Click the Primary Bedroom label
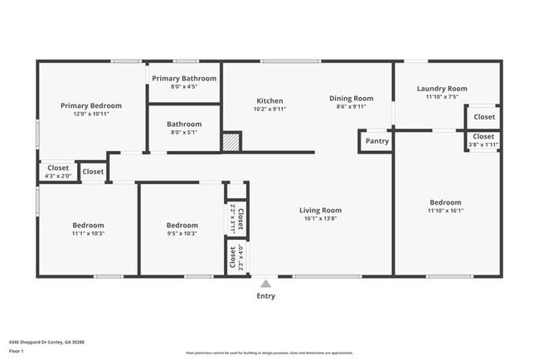(91, 105)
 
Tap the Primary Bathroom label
(184, 78)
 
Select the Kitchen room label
(269, 100)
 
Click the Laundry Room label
(442, 89)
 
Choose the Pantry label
(376, 141)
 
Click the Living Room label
(320, 210)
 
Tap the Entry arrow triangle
(265, 284)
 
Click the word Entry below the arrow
(265, 296)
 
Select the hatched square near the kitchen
(231, 142)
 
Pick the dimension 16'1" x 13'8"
(320, 219)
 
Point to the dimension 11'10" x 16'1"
(445, 211)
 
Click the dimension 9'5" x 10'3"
(182, 234)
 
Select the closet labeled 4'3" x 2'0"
(58, 176)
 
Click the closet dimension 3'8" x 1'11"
(483, 145)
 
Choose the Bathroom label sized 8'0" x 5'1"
(183, 124)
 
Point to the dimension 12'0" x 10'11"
(91, 114)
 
